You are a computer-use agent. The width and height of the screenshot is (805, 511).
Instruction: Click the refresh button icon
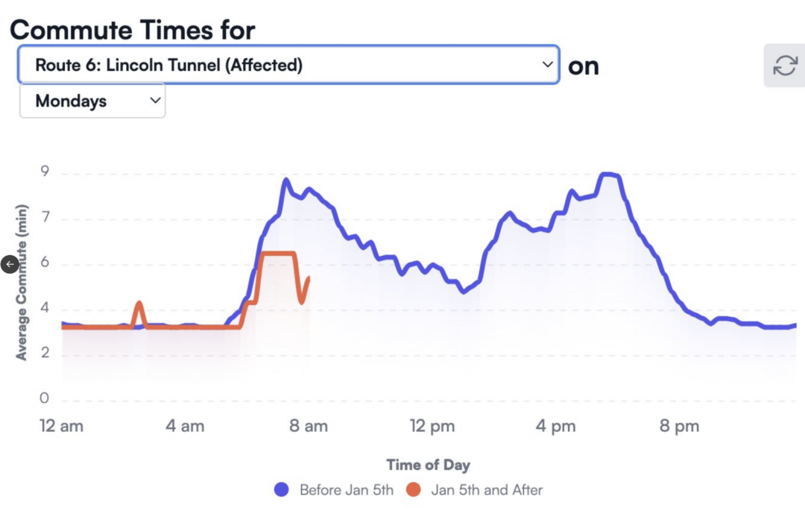tap(784, 66)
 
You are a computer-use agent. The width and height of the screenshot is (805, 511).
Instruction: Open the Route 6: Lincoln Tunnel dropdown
tap(288, 65)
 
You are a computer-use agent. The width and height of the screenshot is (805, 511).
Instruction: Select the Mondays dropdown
tap(92, 101)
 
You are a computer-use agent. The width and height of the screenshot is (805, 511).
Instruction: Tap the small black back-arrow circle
tap(10, 263)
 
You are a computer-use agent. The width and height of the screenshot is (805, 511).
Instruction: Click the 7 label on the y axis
tap(45, 219)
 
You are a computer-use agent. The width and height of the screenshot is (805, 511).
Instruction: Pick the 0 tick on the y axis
tap(45, 399)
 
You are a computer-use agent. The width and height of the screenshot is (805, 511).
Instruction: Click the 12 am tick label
tap(61, 427)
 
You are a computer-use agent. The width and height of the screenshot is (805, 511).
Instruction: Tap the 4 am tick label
tap(184, 427)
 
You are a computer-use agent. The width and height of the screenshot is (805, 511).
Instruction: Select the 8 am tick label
tap(308, 427)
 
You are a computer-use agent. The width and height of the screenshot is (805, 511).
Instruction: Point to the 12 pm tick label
tap(432, 427)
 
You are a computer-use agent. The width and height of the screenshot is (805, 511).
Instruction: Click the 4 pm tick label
tap(555, 427)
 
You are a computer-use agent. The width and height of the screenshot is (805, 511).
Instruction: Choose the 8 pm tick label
tap(679, 427)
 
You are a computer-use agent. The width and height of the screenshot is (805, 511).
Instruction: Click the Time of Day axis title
tap(428, 465)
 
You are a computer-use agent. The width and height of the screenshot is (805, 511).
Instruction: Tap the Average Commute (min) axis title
tap(22, 282)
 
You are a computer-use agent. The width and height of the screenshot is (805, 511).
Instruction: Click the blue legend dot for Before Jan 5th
tap(282, 490)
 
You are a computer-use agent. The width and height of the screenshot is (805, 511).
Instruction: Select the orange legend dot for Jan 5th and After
tap(414, 490)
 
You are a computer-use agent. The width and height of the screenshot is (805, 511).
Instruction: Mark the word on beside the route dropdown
tap(583, 66)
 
